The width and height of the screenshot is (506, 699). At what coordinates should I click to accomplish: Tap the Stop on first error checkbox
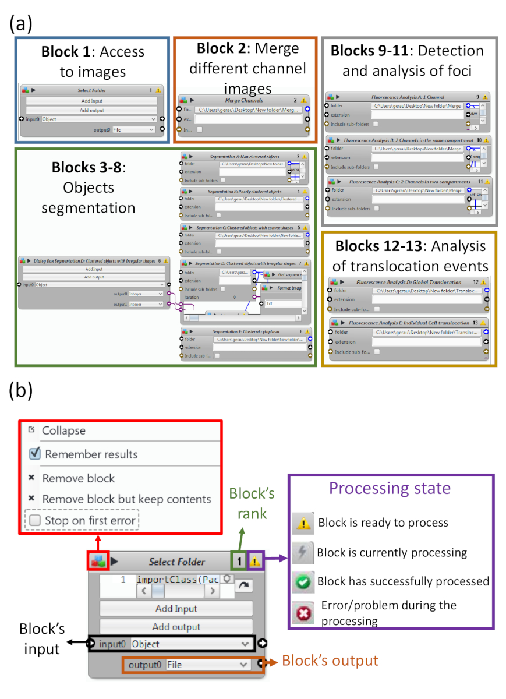click(36, 520)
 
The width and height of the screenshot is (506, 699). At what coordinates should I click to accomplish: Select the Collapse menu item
click(63, 431)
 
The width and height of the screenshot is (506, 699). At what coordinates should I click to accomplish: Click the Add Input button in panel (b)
click(176, 609)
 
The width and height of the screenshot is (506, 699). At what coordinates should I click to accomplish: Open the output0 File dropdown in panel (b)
click(207, 664)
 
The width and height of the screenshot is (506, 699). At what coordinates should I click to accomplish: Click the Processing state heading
click(390, 488)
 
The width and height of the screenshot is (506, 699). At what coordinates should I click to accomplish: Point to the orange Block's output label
click(330, 661)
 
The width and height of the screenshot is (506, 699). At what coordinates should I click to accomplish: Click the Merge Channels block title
click(245, 100)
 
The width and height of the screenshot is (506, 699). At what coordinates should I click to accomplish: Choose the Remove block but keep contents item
click(126, 499)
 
